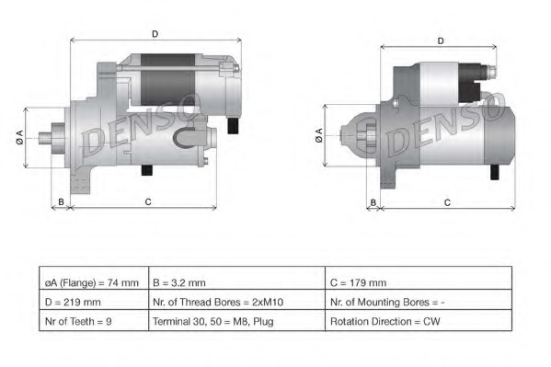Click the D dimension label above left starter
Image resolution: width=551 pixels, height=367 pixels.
[155, 34]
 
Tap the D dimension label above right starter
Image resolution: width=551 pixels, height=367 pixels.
[441, 40]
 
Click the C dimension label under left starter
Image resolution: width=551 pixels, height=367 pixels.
[148, 201]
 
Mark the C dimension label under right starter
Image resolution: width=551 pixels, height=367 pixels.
[446, 201]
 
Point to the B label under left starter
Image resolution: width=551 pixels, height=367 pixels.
[61, 201]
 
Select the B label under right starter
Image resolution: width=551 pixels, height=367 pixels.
[373, 201]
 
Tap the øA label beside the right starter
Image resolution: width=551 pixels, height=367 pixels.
[319, 136]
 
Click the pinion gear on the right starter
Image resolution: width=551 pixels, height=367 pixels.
[362, 138]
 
